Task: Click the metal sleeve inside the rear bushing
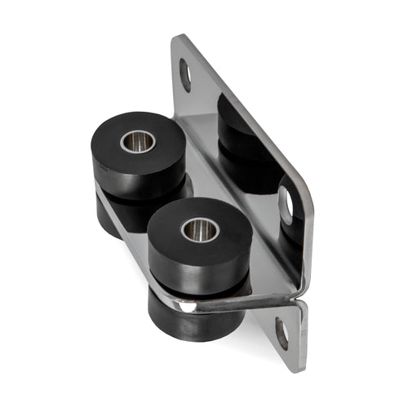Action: [x=138, y=143]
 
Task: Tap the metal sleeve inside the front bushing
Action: [x=199, y=229]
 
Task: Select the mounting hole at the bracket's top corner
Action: [x=185, y=75]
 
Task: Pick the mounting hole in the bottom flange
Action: [x=282, y=333]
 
